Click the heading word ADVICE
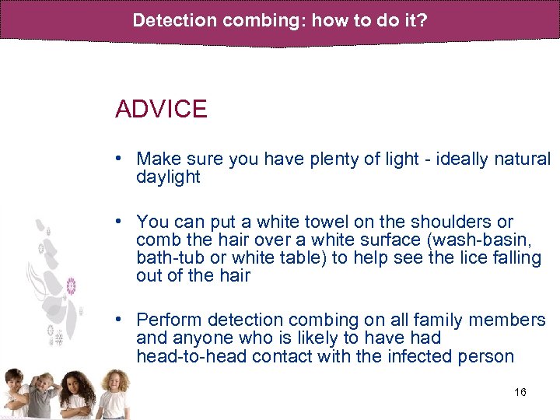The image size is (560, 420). point(161,109)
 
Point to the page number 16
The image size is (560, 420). point(520,392)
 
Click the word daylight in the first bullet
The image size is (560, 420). point(168,177)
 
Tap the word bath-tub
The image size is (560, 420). point(168,258)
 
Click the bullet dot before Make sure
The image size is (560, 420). point(120,158)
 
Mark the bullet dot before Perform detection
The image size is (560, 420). point(120,320)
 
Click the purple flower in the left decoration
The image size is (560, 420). point(71,285)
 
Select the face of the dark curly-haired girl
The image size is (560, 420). point(79,386)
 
